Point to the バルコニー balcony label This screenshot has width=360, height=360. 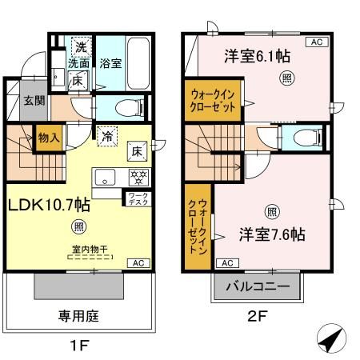(x=257, y=286)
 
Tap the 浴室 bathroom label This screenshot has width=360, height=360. (x=110, y=63)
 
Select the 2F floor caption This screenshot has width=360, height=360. (x=256, y=316)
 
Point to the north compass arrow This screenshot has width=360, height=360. (x=332, y=341)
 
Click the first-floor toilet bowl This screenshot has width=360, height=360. (x=125, y=106)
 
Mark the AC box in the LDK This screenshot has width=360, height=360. (x=137, y=262)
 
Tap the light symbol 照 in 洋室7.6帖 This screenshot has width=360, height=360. (x=271, y=212)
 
